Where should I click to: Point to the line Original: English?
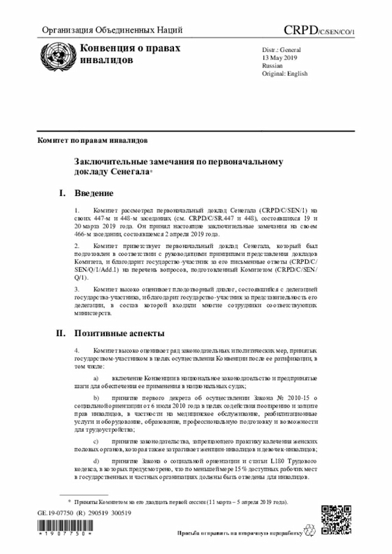[x=285, y=73]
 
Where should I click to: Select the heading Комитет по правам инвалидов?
[x=92, y=140]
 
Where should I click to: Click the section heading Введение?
[x=94, y=194]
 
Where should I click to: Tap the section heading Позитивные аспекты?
[x=119, y=334]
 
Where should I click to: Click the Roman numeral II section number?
[x=61, y=334]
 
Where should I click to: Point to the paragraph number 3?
[x=77, y=288]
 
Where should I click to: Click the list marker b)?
[x=96, y=399]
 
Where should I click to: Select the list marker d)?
[x=96, y=460]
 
